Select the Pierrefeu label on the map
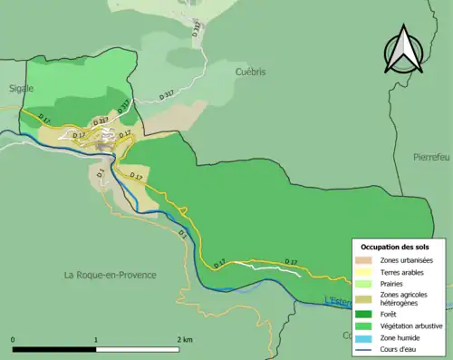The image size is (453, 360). coord(430,156)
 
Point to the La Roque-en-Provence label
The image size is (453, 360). coord(111,274)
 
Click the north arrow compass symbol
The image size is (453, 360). coord(405,52)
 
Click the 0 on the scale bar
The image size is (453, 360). coord(14,340)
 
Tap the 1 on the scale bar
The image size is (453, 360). coord(96,340)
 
